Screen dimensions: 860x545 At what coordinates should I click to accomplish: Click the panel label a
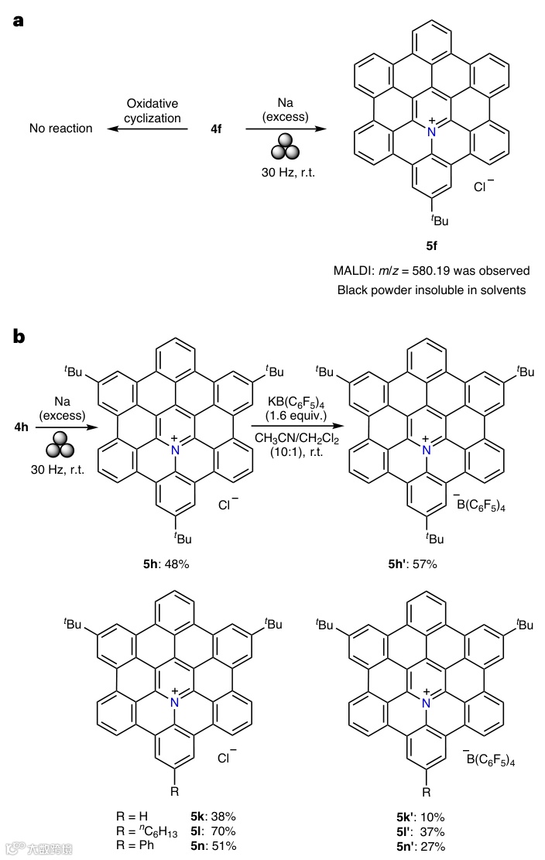[18, 21]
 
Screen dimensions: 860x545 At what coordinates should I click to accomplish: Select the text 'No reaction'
[60, 128]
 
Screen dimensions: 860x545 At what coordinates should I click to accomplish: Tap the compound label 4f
[216, 128]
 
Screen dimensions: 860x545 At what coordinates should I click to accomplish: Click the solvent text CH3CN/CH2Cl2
[298, 439]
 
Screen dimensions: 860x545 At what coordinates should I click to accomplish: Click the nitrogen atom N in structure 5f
[431, 132]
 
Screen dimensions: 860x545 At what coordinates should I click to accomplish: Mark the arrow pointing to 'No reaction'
[147, 128]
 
